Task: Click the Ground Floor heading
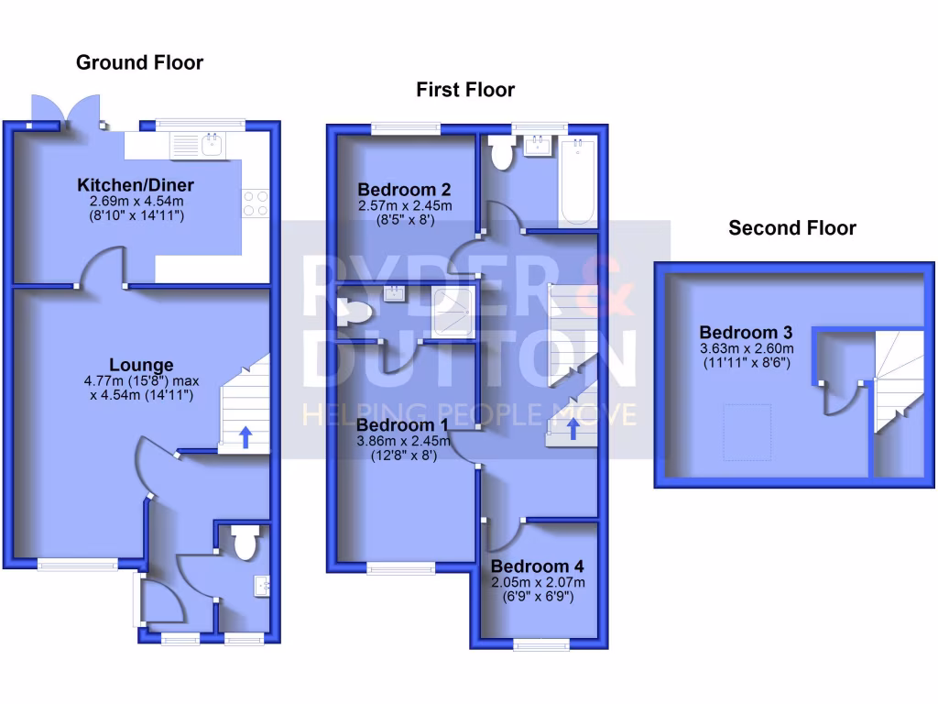(x=139, y=62)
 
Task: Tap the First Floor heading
(x=465, y=90)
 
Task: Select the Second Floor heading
(x=792, y=228)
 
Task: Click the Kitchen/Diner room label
(x=136, y=185)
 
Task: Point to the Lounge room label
(x=141, y=366)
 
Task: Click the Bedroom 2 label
(x=404, y=191)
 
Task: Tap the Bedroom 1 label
(x=403, y=425)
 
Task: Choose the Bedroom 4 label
(x=538, y=566)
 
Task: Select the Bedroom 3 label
(x=747, y=332)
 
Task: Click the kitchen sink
(x=213, y=144)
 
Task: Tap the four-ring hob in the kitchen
(x=256, y=203)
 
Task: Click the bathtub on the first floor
(x=578, y=181)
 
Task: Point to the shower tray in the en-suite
(x=452, y=309)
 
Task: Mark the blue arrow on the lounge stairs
(x=245, y=436)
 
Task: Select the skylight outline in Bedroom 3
(x=744, y=434)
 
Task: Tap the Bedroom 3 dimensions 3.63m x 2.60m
(x=747, y=348)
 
